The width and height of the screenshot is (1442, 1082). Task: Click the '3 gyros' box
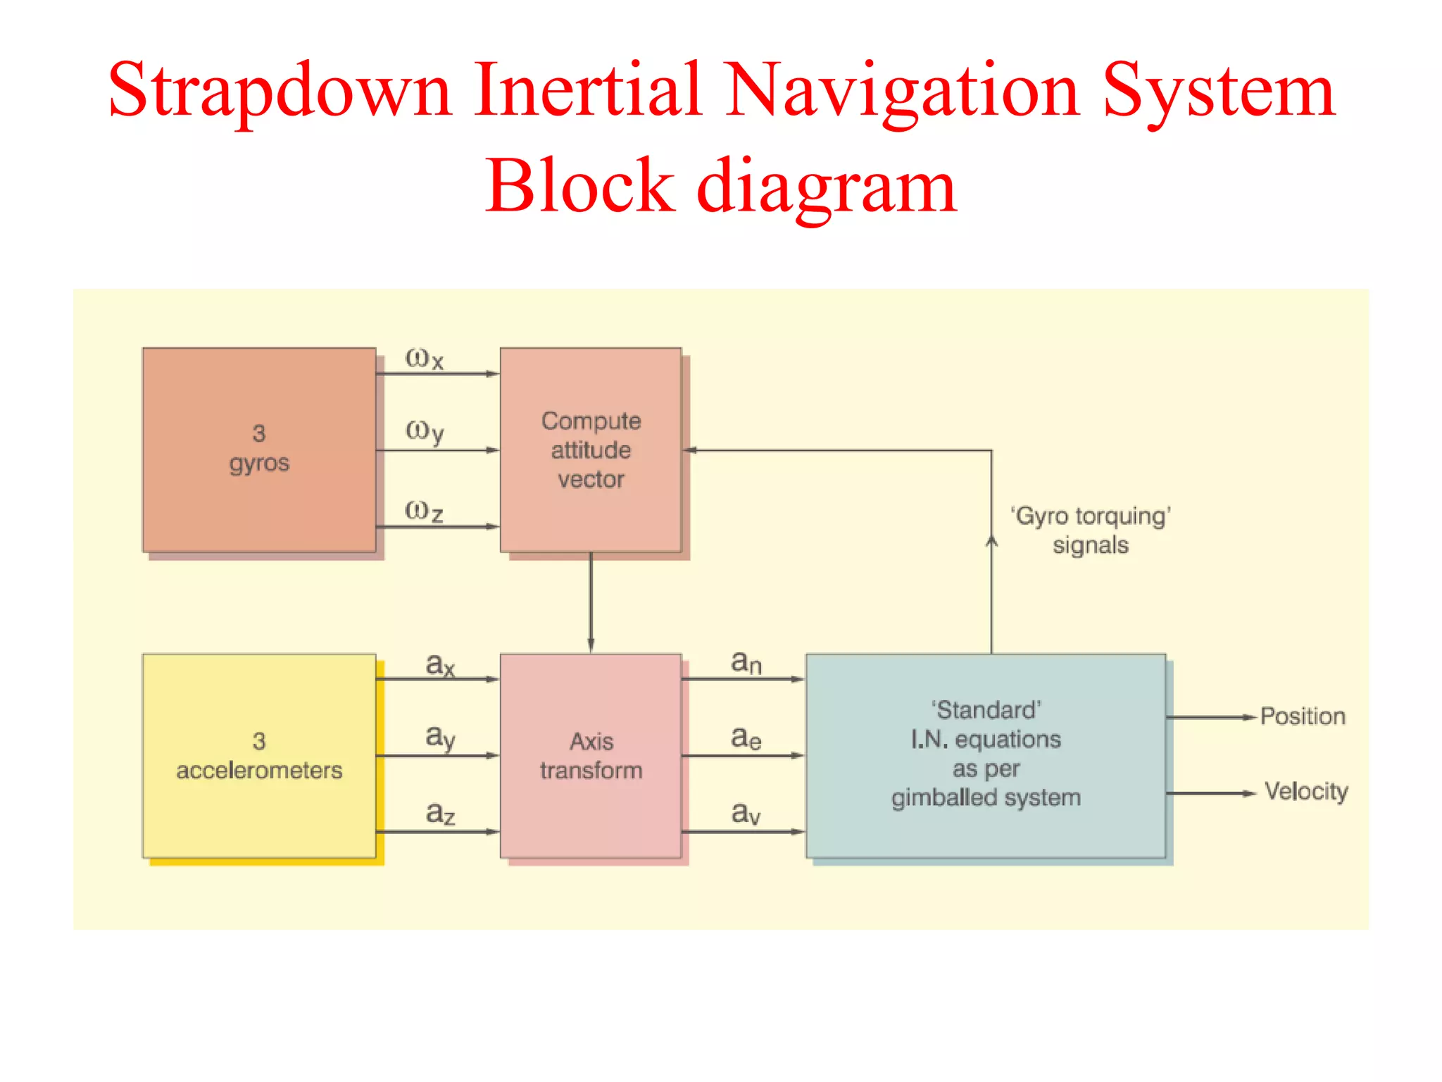pyautogui.click(x=258, y=449)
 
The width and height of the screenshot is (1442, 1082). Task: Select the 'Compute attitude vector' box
pyautogui.click(x=590, y=449)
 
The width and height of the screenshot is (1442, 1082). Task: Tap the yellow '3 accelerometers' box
pyautogui.click(x=258, y=755)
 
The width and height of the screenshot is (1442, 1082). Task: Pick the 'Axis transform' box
pyautogui.click(x=590, y=755)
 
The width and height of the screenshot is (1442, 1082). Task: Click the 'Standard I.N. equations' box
pyautogui.click(x=985, y=755)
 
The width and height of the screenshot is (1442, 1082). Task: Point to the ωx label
pyautogui.click(x=425, y=359)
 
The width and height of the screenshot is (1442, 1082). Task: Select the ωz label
pyautogui.click(x=425, y=511)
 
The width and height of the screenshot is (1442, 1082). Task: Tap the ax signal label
pyautogui.click(x=440, y=664)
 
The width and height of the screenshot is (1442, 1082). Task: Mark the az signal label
pyautogui.click(x=440, y=814)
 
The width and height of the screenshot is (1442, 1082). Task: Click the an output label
pyautogui.click(x=746, y=662)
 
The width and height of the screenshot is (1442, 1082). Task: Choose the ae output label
pyautogui.click(x=746, y=738)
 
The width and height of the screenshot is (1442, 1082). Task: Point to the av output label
pyautogui.click(x=746, y=814)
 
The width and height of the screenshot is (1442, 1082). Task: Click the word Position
pyautogui.click(x=1302, y=716)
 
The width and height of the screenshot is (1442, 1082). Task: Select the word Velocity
pyautogui.click(x=1305, y=792)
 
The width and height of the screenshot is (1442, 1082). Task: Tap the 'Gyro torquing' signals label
pyautogui.click(x=1090, y=530)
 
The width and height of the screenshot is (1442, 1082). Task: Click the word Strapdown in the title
pyautogui.click(x=280, y=92)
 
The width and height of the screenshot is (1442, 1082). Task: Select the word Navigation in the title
pyautogui.click(x=902, y=92)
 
